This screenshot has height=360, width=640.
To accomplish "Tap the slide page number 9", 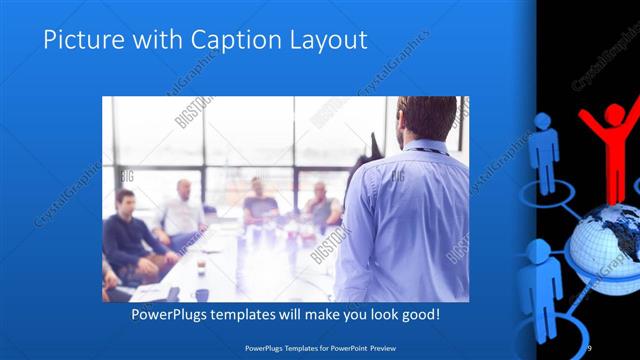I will (x=589, y=346).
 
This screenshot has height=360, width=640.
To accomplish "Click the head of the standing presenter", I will (x=413, y=118).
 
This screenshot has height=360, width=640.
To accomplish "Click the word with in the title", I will (x=141, y=41).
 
